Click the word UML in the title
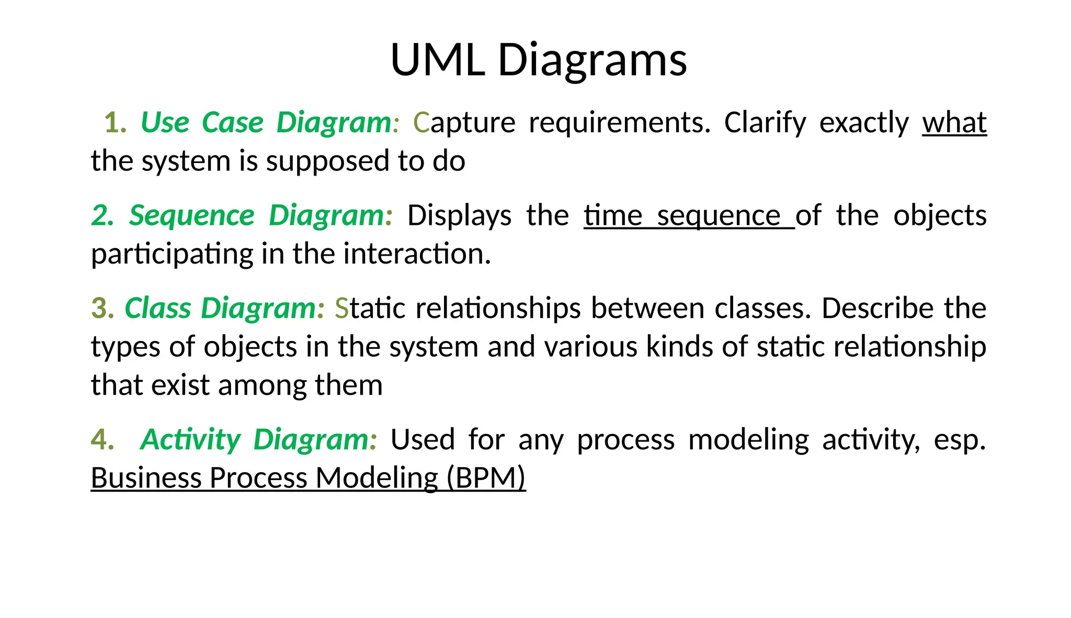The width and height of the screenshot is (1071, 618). click(x=437, y=60)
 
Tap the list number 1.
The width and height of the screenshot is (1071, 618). click(x=115, y=123)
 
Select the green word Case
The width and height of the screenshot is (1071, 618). click(x=232, y=123)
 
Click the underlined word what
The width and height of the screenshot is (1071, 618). click(x=954, y=123)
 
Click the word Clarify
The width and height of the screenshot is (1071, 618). click(x=765, y=123)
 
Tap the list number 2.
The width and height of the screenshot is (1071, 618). click(x=101, y=215)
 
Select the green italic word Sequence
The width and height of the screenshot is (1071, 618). click(x=191, y=215)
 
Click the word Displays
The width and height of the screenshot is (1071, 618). click(x=459, y=215)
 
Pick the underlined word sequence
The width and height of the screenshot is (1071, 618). click(x=719, y=215)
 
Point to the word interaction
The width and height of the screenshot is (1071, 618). click(x=417, y=254)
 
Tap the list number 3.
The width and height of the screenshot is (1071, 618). click(x=102, y=308)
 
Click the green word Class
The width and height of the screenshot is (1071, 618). click(x=157, y=308)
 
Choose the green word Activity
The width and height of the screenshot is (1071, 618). click(x=190, y=439)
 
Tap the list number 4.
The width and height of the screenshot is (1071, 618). click(x=101, y=439)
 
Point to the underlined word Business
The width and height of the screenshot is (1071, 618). click(x=146, y=478)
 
